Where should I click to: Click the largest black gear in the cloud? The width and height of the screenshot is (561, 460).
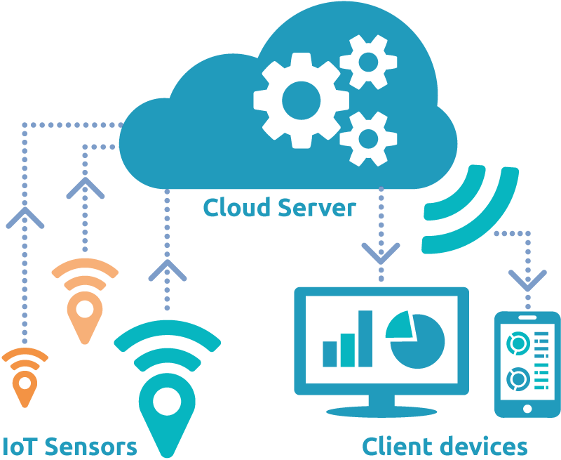301,100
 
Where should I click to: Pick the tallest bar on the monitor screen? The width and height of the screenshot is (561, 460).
365,339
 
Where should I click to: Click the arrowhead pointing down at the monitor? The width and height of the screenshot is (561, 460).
381,252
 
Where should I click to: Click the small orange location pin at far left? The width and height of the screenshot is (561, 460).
25,386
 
